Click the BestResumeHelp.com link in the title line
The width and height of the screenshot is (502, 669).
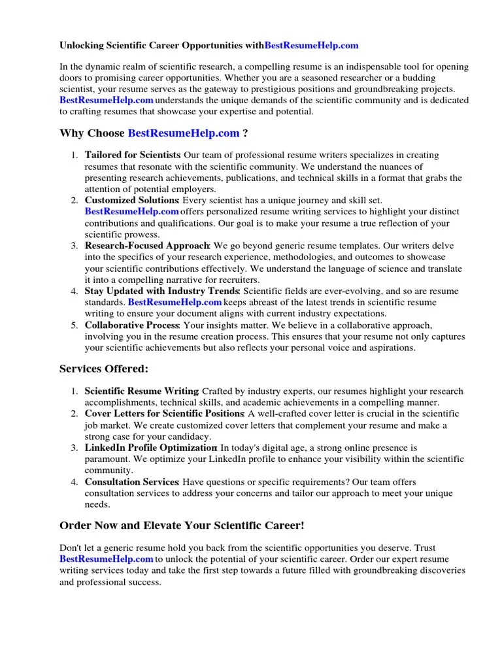pyautogui.click(x=312, y=46)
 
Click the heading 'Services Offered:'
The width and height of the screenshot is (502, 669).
pyautogui.click(x=104, y=369)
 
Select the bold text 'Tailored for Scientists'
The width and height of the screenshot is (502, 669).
pyautogui.click(x=133, y=155)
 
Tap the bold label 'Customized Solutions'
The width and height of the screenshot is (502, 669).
pyautogui.click(x=132, y=200)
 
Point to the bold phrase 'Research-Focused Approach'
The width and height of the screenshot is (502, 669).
pyautogui.click(x=147, y=246)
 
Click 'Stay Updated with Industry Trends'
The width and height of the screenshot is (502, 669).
pyautogui.click(x=162, y=291)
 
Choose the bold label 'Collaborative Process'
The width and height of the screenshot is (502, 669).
pyautogui.click(x=132, y=325)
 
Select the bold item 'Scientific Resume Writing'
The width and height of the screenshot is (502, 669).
pyautogui.click(x=142, y=391)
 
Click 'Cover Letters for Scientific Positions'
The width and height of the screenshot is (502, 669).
pyautogui.click(x=164, y=414)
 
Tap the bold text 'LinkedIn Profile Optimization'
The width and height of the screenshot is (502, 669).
pyautogui.click(x=151, y=448)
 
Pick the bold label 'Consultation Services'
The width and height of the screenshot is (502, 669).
pyautogui.click(x=132, y=482)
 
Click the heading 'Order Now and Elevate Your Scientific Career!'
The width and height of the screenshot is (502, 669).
pyautogui.click(x=182, y=526)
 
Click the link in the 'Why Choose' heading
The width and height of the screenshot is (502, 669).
pyautogui.click(x=184, y=133)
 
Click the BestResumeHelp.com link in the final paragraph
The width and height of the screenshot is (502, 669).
pyautogui.click(x=107, y=559)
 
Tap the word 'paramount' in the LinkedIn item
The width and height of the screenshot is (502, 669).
pyautogui.click(x=106, y=459)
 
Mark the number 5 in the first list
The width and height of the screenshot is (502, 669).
pyautogui.click(x=75, y=325)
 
